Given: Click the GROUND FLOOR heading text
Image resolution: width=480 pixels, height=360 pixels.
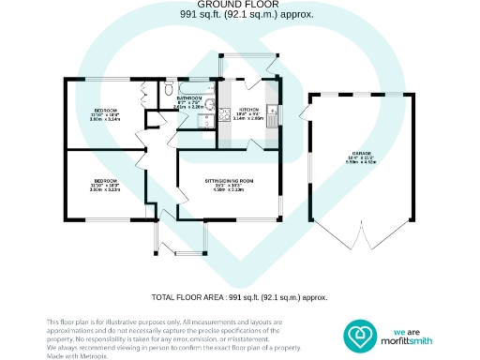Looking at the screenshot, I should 239,7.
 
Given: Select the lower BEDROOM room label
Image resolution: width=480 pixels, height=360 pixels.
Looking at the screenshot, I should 103,181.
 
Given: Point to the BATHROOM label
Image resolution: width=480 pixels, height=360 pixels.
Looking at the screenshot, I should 189,97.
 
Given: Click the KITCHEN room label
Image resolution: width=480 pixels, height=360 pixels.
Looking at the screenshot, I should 247,110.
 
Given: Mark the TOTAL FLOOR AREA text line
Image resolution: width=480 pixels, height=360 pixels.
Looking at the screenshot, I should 239,296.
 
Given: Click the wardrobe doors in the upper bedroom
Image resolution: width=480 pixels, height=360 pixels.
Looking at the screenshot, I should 144,95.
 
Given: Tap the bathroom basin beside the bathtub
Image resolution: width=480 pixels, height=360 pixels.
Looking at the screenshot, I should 211,105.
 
